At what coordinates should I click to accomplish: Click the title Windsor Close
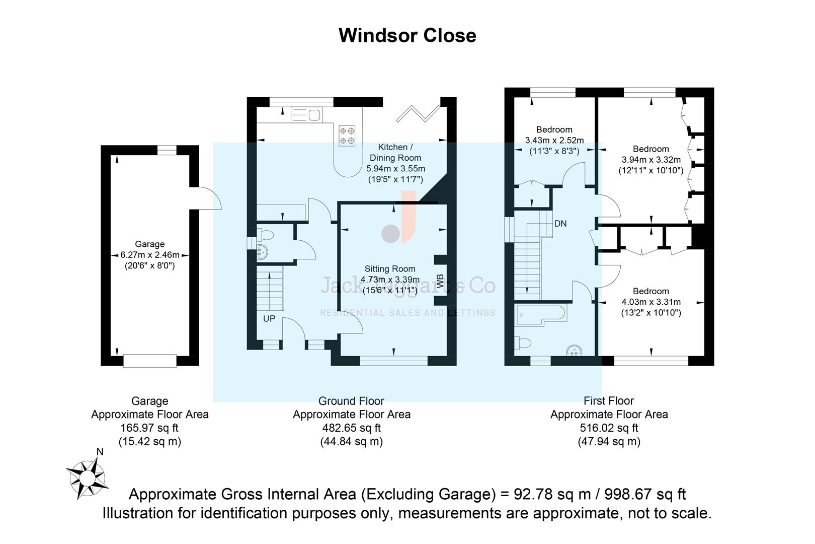(x=407, y=36)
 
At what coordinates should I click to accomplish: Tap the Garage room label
(x=149, y=244)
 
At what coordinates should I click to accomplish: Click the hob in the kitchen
(x=347, y=135)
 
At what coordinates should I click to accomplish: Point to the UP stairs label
(x=269, y=319)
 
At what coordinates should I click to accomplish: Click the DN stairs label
(x=560, y=223)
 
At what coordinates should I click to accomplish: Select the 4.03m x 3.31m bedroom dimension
(x=651, y=302)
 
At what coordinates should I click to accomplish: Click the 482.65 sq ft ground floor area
(x=351, y=428)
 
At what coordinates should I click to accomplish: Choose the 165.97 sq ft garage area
(x=149, y=428)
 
